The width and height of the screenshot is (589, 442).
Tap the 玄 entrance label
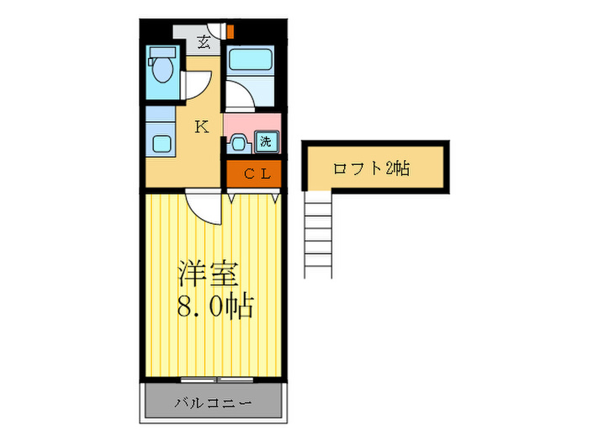(x=204, y=40)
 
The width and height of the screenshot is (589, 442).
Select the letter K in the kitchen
(x=202, y=127)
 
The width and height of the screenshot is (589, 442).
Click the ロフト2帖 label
(x=371, y=168)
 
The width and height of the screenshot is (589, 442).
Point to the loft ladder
(x=321, y=232)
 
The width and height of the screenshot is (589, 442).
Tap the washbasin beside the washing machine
(x=237, y=143)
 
